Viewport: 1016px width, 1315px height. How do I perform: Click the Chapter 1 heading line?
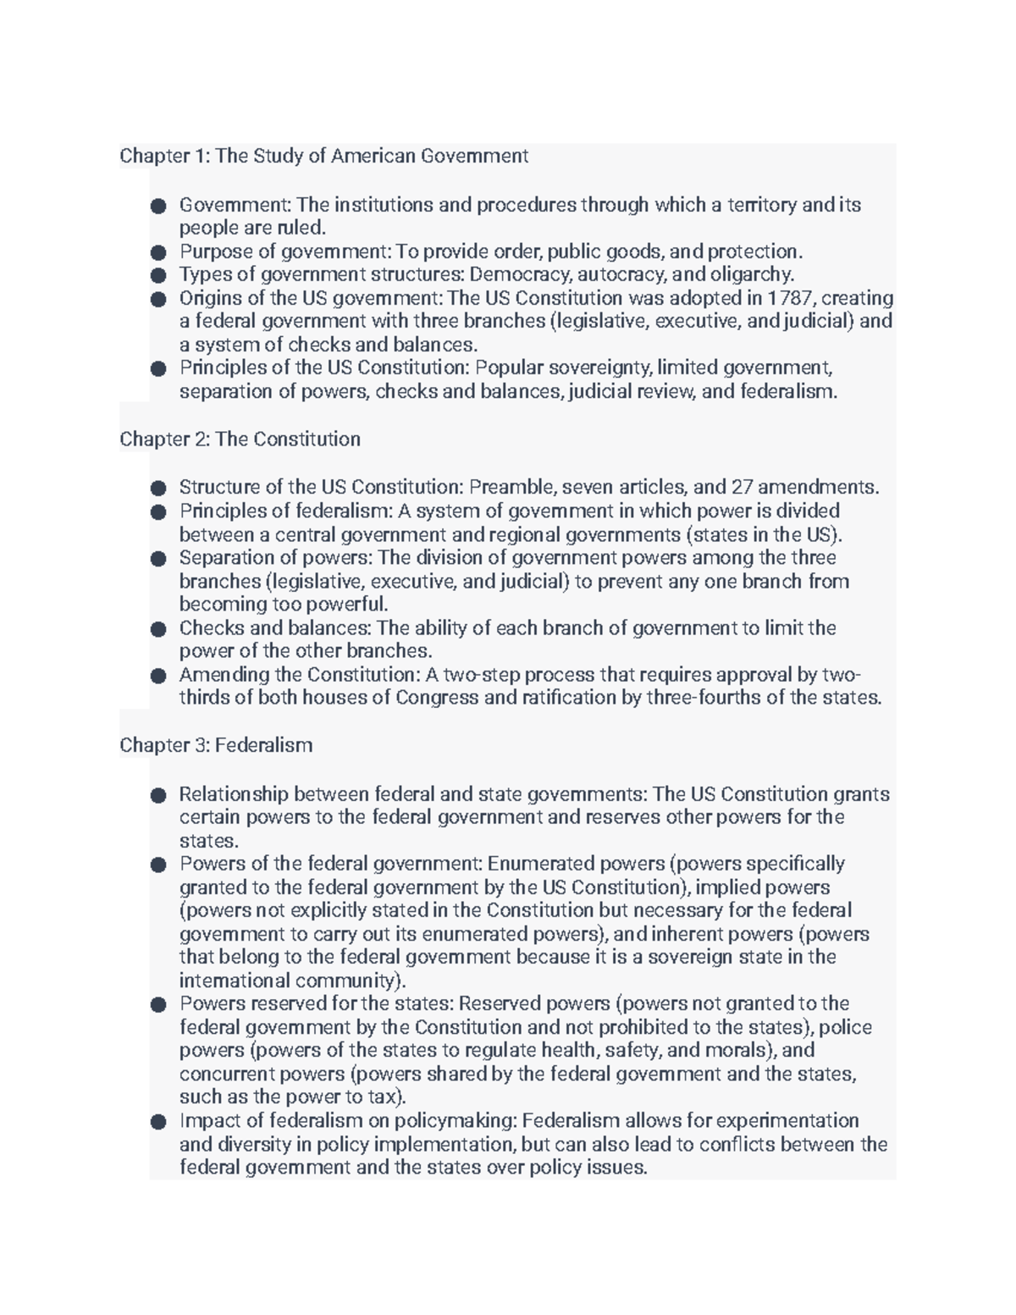point(323,156)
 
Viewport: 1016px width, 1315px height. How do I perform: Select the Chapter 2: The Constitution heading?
point(240,439)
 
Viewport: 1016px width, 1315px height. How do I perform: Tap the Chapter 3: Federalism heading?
point(216,745)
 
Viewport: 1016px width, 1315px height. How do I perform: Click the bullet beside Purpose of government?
point(157,252)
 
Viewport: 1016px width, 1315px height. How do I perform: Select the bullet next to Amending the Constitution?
point(157,676)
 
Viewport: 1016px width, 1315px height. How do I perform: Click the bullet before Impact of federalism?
point(157,1122)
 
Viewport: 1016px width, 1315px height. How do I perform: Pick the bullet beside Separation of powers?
point(157,559)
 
